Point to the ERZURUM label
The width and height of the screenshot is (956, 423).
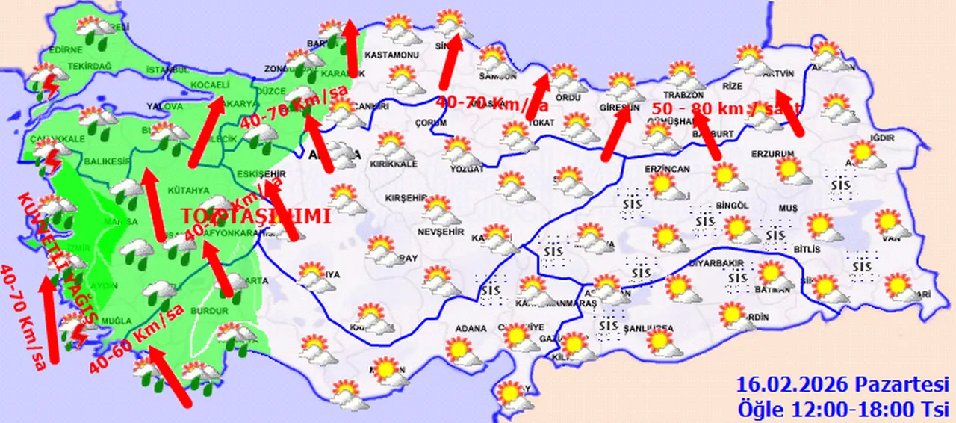[x=772, y=154]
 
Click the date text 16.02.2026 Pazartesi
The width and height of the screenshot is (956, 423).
[x=842, y=385]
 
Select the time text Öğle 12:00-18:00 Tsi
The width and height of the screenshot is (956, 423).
[x=842, y=409]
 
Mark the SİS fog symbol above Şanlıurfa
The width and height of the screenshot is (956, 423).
[x=609, y=325]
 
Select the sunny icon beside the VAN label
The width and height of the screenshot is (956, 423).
[x=887, y=222]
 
